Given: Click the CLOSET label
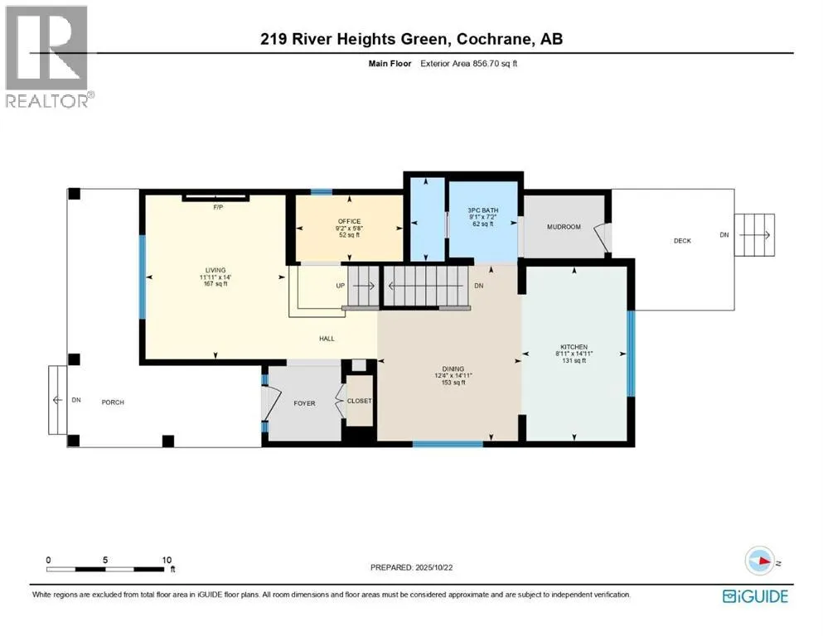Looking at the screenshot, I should (x=359, y=401).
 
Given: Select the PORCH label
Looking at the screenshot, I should (x=113, y=402).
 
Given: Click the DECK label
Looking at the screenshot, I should (x=682, y=241).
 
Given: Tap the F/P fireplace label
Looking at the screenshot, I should (x=217, y=208).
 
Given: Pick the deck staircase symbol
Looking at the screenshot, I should (x=755, y=235).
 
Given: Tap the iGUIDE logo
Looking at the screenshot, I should (x=754, y=595).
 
